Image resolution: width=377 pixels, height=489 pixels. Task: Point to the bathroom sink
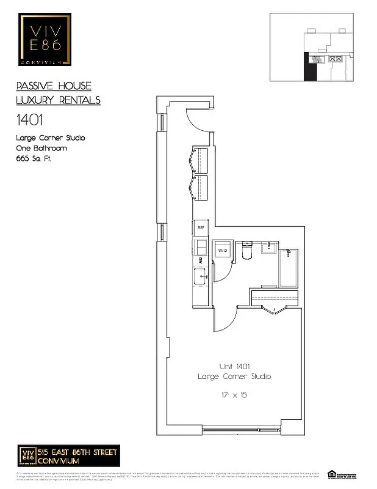tap(270, 247)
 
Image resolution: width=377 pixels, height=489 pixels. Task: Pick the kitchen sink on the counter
tap(201, 279)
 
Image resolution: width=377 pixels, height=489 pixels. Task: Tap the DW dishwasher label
tap(200, 262)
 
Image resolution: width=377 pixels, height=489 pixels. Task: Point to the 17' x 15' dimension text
tap(234, 395)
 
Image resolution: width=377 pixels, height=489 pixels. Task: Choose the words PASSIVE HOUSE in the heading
tap(54, 86)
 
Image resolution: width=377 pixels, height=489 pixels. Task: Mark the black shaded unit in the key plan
tap(310, 66)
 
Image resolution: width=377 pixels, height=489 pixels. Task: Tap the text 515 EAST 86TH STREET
tap(77, 451)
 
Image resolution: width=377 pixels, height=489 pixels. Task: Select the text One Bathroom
tap(41, 148)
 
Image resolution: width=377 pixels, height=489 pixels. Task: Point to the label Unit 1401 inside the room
tap(234, 366)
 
